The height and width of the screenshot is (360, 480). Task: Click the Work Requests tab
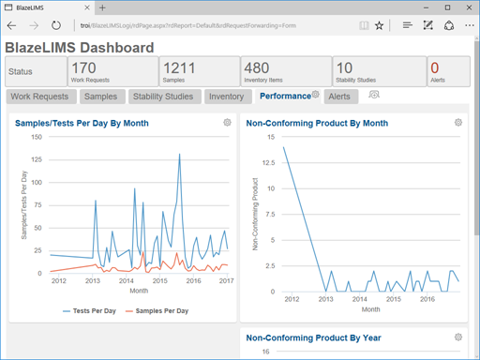38,96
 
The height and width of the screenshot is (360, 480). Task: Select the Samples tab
99,96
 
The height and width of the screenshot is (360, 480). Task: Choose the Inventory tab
226,96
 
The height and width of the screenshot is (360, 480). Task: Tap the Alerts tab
339,96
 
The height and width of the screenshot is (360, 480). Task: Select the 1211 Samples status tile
198,71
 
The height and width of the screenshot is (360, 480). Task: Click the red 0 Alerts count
435,67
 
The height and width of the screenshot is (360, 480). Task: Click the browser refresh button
56,26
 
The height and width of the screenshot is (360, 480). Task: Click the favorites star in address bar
379,26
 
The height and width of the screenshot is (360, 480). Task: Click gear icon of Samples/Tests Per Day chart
227,123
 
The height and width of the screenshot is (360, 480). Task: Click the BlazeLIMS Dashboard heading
80,47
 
